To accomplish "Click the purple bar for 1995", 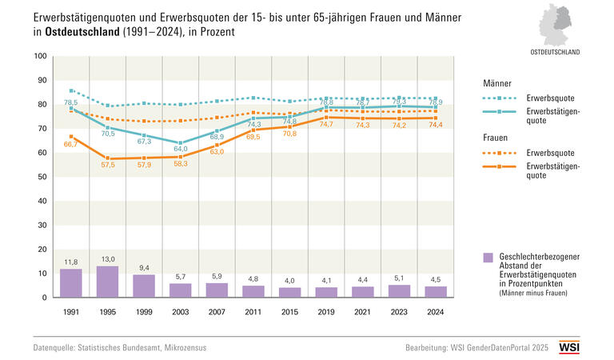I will pyautogui.click(x=108, y=282).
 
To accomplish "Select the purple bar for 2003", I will pyautogui.click(x=181, y=290).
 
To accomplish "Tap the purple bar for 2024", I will pyautogui.click(x=436, y=292).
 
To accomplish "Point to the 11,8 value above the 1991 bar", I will pyautogui.click(x=71, y=262).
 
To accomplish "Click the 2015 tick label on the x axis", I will pyautogui.click(x=290, y=311).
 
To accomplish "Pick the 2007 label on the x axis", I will pyautogui.click(x=217, y=311).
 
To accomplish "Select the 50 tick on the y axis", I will pyautogui.click(x=42, y=177).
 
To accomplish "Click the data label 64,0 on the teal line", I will pyautogui.click(x=180, y=149).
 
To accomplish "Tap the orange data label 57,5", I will pyautogui.click(x=108, y=164).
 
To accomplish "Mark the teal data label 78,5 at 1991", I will pyautogui.click(x=71, y=102).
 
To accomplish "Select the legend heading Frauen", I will pyautogui.click(x=496, y=137).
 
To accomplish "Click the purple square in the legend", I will pyautogui.click(x=488, y=257).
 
